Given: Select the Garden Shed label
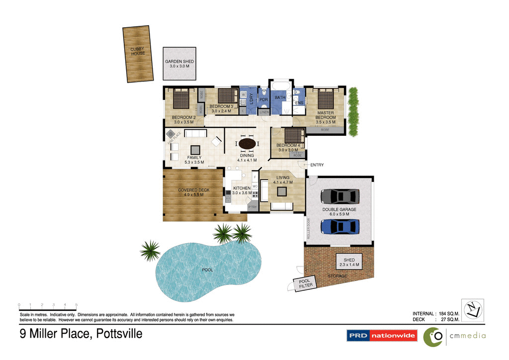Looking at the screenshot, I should coord(179,64).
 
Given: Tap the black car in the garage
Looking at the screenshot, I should coord(339,196).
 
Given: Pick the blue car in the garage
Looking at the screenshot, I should coord(339,226).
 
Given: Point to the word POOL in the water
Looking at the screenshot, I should coord(207,270).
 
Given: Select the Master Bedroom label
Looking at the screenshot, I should coord(326,117).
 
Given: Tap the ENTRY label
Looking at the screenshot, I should coord(317,165).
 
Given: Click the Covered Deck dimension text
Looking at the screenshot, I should coord(193,195).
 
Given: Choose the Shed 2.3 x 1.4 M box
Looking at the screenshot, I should coord(348,262).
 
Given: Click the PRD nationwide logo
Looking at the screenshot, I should coord(382,336).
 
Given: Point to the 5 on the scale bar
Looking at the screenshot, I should coord(76,304).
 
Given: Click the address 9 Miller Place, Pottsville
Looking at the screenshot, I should coord(81,334).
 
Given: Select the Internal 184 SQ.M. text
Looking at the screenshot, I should coord(435,314).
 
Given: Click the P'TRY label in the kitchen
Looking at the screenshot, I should coord(253,206).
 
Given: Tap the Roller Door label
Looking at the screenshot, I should coord(308,229).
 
